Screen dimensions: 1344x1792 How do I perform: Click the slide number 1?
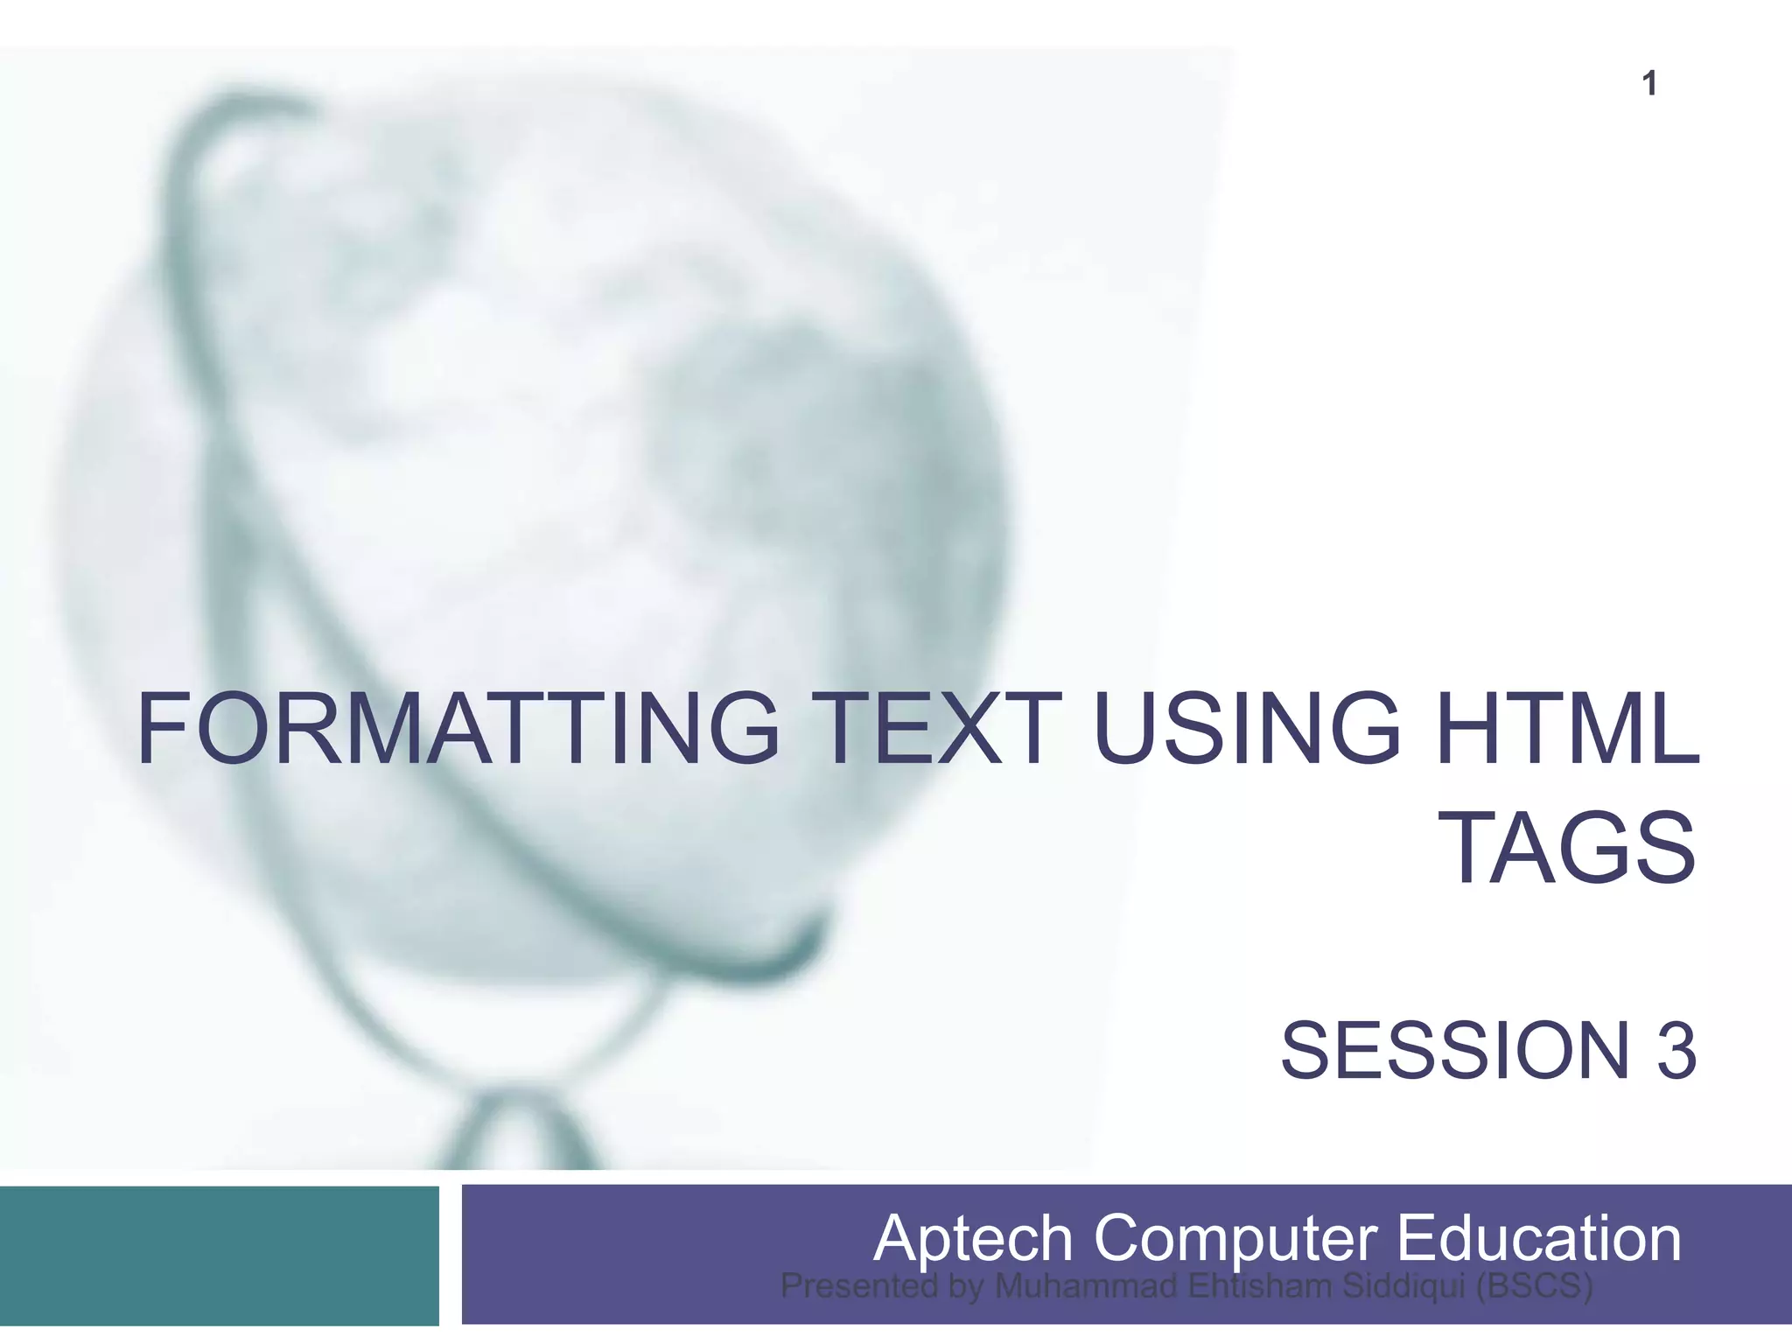pos(1649,84)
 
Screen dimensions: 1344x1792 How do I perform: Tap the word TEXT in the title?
pos(933,729)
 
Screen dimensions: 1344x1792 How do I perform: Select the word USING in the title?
pos(1247,729)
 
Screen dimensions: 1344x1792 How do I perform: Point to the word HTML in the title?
pos(1567,729)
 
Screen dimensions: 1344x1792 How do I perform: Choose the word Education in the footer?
pos(1537,1238)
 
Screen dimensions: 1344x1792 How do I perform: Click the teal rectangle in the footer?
pos(219,1255)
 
